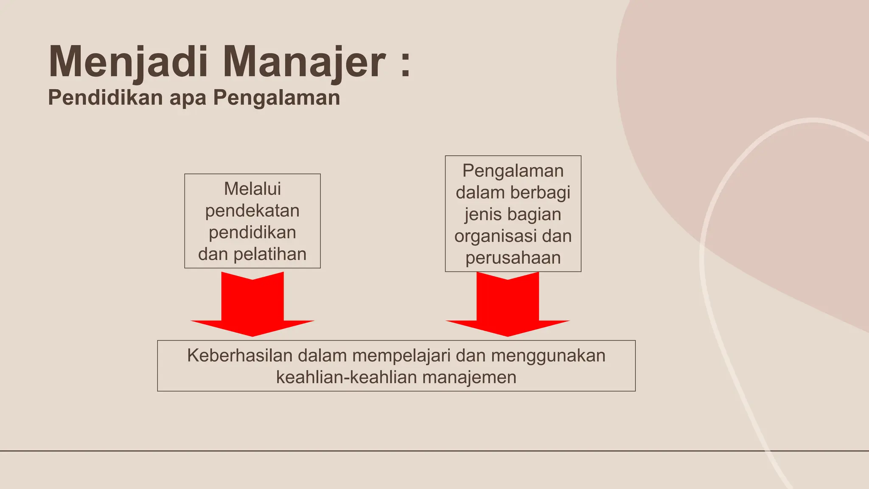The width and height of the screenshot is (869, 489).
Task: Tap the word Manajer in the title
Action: [304, 62]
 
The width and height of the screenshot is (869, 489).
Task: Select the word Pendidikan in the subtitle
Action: [105, 97]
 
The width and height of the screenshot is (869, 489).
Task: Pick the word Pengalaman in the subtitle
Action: [277, 98]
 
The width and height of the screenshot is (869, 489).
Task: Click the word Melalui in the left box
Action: [252, 189]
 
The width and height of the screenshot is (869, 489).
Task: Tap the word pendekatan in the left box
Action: [252, 211]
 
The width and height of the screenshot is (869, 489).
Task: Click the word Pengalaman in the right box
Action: [513, 171]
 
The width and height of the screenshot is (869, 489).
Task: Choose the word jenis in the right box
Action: [482, 214]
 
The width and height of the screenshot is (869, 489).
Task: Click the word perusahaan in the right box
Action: [513, 258]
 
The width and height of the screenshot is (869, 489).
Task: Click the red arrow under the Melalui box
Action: [252, 306]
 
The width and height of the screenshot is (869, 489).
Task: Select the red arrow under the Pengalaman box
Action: [507, 306]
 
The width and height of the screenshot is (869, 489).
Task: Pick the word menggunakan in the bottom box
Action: [548, 356]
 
